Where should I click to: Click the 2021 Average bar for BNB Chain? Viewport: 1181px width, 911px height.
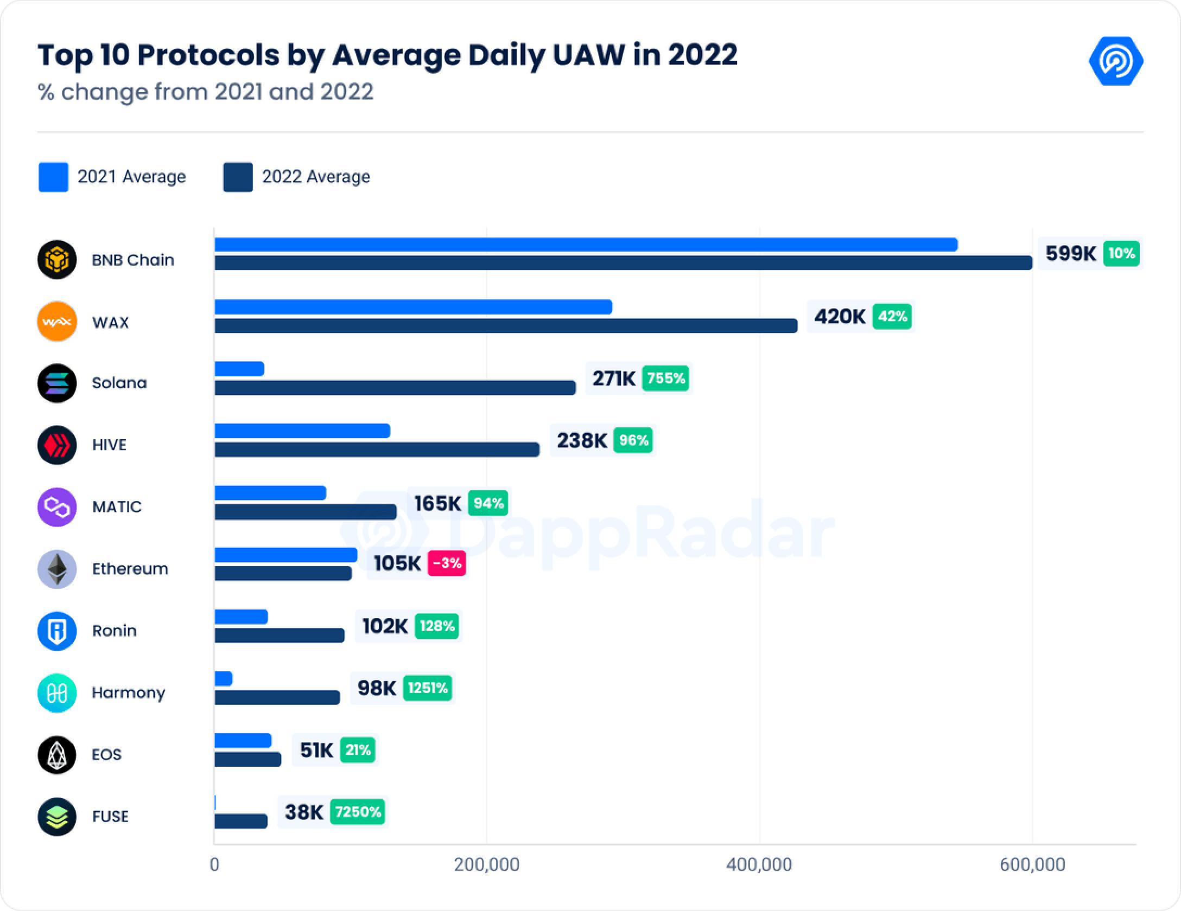point(586,245)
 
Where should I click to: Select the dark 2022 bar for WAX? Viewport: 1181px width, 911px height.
point(506,325)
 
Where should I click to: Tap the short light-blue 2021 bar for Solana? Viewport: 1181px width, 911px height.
point(239,369)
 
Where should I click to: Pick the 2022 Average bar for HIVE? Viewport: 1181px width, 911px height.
point(377,450)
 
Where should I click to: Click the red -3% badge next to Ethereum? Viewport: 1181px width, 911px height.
point(447,563)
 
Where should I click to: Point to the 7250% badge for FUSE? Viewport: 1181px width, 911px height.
point(358,812)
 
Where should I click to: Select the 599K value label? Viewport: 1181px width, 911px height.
point(1070,253)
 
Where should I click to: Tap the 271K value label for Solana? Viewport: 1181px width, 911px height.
point(613,378)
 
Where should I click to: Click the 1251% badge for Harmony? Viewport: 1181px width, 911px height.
point(428,688)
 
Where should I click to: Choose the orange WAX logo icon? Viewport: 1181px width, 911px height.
point(57,322)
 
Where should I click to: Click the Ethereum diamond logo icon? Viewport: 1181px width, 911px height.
point(57,569)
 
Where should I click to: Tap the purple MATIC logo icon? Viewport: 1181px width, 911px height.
point(57,507)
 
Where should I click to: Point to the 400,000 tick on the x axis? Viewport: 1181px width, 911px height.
point(759,864)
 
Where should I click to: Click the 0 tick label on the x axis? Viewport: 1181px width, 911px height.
point(214,864)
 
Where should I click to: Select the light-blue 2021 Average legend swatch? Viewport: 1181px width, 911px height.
point(53,177)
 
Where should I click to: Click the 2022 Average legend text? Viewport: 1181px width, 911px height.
point(316,177)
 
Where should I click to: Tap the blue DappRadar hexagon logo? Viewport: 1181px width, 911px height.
point(1116,61)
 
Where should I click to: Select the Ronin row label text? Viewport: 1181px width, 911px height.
point(114,631)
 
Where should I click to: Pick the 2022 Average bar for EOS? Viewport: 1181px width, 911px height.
point(248,759)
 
